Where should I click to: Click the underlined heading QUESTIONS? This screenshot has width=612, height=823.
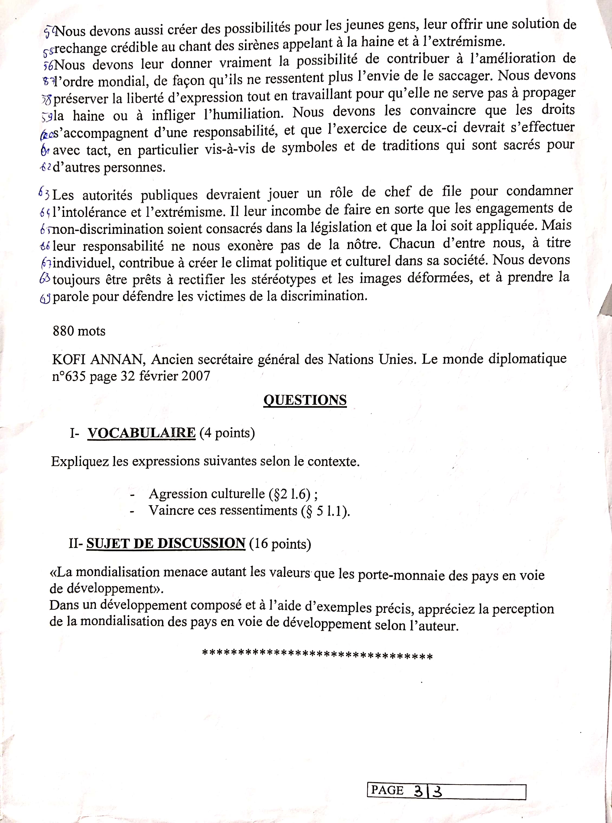click(305, 400)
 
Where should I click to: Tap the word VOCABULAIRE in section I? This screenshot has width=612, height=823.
click(142, 433)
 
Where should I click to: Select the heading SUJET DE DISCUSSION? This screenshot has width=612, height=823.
click(166, 543)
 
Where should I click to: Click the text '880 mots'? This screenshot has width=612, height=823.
click(79, 331)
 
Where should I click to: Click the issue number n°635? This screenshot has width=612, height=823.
click(69, 377)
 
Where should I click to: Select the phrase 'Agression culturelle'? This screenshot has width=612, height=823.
click(207, 494)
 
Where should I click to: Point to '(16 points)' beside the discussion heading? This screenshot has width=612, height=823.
click(280, 544)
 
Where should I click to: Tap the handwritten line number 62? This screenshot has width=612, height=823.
click(45, 167)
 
